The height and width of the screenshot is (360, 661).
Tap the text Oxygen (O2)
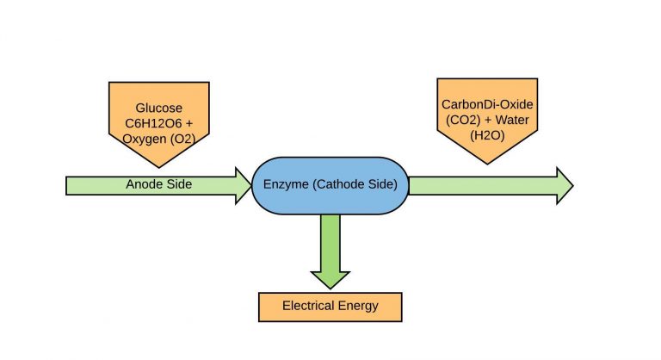(159, 136)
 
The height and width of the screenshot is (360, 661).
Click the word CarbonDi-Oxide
(488, 104)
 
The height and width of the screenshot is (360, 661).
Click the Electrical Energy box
(330, 306)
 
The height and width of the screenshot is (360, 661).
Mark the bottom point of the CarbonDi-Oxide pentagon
(488, 164)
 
